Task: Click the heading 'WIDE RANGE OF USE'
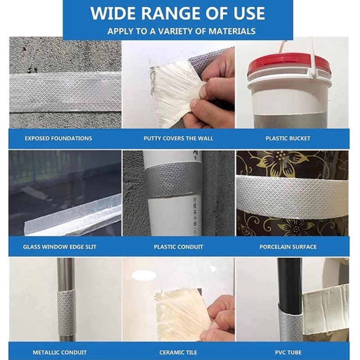point(178,13)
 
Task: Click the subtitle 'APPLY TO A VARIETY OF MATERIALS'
point(181,31)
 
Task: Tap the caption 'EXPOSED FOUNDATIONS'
point(58,138)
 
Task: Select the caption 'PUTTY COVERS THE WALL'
point(178,138)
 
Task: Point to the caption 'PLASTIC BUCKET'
point(288,138)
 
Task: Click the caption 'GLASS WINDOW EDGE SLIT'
point(59,247)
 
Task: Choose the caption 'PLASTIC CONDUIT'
point(178,247)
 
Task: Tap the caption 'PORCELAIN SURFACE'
point(288,247)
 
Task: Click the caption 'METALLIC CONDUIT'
point(59,352)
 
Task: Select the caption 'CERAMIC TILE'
point(178,352)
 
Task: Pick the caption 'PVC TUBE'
point(288,352)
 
